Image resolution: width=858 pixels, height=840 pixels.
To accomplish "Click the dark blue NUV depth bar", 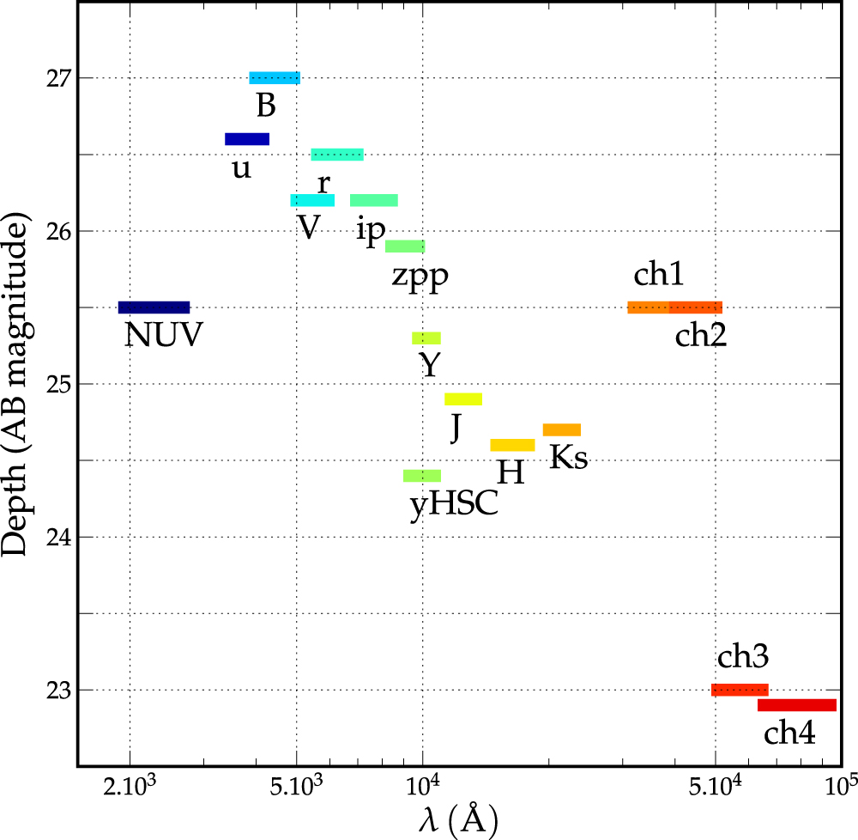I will tap(154, 307).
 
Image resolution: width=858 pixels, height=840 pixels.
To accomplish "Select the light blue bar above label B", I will tap(275, 78).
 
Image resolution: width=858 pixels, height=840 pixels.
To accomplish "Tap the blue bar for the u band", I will tap(247, 139).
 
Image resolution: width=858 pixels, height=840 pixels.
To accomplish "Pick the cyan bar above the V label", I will tap(312, 200).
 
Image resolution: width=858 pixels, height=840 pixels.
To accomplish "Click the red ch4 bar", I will tap(797, 705).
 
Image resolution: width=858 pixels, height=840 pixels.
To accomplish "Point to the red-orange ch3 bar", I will tap(740, 690).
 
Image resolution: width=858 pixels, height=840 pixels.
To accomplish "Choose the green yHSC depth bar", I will tap(422, 476).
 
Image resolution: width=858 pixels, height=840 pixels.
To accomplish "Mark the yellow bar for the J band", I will tap(463, 399).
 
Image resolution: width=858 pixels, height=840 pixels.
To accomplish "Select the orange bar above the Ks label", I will tap(562, 429).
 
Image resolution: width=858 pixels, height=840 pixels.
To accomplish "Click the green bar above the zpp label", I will tap(405, 247).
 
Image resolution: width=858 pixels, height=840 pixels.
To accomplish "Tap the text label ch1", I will tap(659, 276).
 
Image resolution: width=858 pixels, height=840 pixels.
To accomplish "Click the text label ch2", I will tap(701, 335).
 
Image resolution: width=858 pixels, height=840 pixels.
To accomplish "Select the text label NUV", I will tap(163, 335).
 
